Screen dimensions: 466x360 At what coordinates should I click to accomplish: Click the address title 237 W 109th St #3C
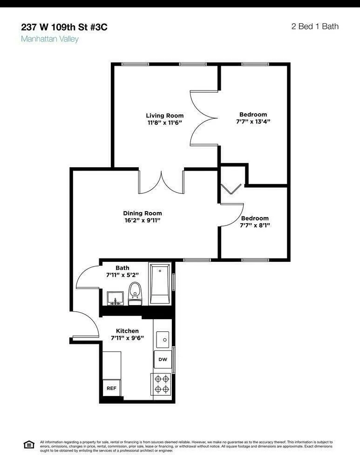click(x=64, y=27)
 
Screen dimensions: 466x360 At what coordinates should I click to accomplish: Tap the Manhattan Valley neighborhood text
click(x=50, y=39)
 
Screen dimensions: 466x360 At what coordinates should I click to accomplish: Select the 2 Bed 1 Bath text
click(x=314, y=26)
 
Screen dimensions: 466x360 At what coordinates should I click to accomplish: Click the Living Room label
click(x=164, y=116)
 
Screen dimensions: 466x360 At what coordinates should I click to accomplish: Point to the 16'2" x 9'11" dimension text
click(x=143, y=220)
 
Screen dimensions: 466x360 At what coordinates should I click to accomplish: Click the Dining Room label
click(x=143, y=213)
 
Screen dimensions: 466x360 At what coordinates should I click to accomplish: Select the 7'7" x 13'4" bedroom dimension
click(x=253, y=122)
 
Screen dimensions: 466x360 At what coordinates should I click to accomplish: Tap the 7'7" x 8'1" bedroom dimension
click(x=255, y=225)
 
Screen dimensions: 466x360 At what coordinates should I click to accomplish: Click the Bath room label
click(x=122, y=268)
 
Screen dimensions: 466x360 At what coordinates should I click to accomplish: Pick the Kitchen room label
click(x=127, y=331)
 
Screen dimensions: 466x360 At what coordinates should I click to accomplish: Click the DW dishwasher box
click(x=163, y=359)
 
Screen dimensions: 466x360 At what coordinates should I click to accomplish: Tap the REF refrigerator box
click(x=111, y=387)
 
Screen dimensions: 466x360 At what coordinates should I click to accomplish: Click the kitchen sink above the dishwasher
click(x=163, y=339)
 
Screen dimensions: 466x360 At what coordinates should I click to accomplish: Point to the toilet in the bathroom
click(x=135, y=291)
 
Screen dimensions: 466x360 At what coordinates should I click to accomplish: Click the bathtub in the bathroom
click(x=160, y=284)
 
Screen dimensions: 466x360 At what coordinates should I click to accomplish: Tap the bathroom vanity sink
click(x=115, y=298)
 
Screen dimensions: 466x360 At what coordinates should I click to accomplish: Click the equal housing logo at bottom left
click(x=29, y=445)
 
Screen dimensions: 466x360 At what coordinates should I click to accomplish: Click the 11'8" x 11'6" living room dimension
click(x=164, y=123)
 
